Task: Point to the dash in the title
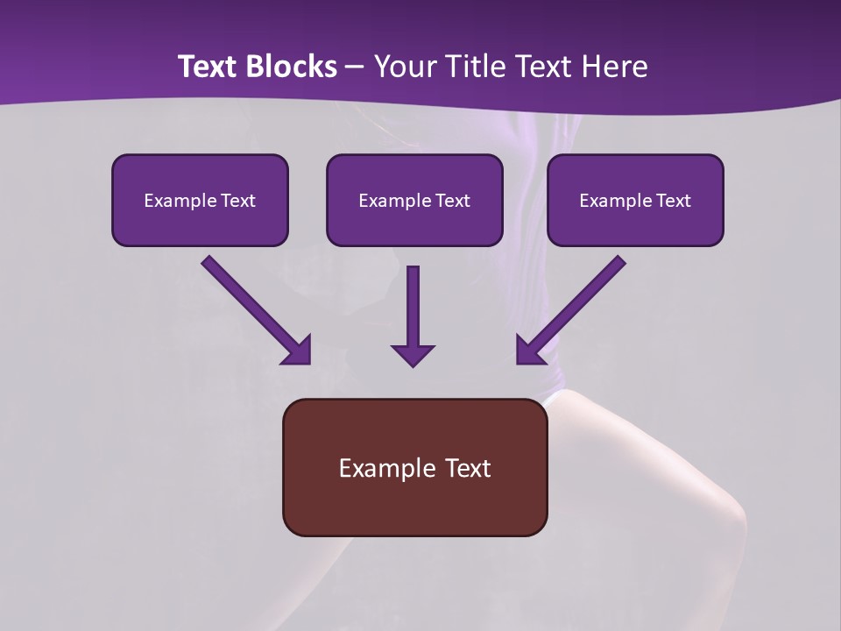pyautogui.click(x=355, y=67)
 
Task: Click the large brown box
pyautogui.click(x=414, y=508)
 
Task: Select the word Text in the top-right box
pyautogui.click(x=672, y=201)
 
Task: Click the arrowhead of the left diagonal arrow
pyautogui.click(x=298, y=351)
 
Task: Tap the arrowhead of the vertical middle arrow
pyautogui.click(x=413, y=356)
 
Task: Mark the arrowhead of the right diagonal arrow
pyautogui.click(x=529, y=351)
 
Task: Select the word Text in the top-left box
pyautogui.click(x=237, y=201)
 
